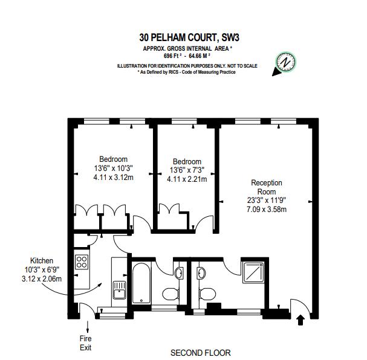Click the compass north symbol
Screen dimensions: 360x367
[x=285, y=62]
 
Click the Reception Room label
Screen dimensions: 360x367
[x=267, y=187]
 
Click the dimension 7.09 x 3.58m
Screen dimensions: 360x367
[x=267, y=210]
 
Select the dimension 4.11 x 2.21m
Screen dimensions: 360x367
[x=187, y=179]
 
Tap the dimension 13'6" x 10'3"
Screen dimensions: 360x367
[x=113, y=168]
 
